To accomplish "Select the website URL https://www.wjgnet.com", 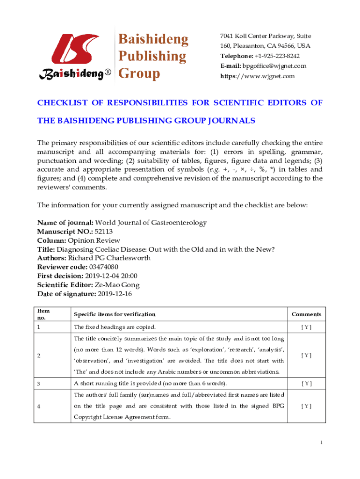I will click(x=258, y=76).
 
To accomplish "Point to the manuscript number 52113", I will click(x=104, y=231).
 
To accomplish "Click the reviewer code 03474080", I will click(x=103, y=267).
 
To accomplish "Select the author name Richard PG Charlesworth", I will click(x=111, y=258).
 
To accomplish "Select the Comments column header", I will click(x=306, y=314).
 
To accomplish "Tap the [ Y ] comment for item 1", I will click(x=306, y=327).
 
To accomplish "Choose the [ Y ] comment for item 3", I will click(x=306, y=384).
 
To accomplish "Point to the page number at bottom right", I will click(x=322, y=443).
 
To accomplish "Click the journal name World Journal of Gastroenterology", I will click(x=151, y=223).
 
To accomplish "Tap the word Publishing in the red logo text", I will click(x=151, y=57).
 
